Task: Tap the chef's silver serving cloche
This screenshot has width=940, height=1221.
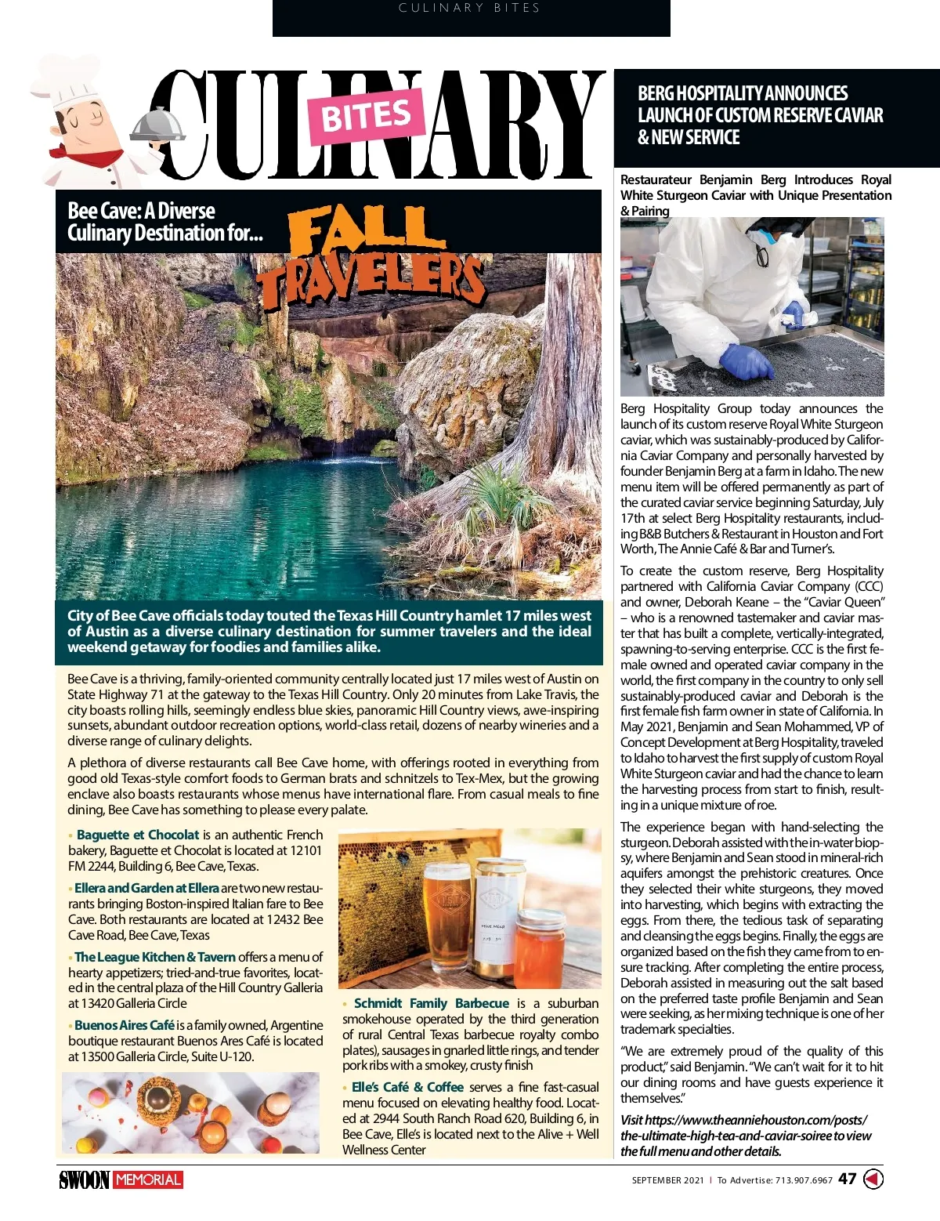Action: [x=157, y=125]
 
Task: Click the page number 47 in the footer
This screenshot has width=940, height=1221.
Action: [x=847, y=1179]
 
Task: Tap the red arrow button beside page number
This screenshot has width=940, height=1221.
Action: [x=873, y=1179]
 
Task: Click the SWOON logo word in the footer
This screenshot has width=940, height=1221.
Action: [x=84, y=1179]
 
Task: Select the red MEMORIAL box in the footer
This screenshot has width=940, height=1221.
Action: [x=148, y=1179]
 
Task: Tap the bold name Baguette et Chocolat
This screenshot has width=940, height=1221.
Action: [x=138, y=835]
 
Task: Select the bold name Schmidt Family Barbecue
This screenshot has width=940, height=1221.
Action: [x=431, y=1003]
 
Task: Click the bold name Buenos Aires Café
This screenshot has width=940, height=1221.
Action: [x=125, y=1025]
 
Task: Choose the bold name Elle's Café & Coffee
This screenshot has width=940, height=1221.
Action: [x=407, y=1087]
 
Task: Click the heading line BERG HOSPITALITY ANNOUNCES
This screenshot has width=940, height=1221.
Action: [x=743, y=93]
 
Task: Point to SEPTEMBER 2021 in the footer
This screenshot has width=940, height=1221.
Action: [x=667, y=1180]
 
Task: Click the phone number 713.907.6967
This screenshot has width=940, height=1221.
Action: [x=804, y=1180]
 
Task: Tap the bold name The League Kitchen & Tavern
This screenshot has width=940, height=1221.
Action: [x=155, y=957]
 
